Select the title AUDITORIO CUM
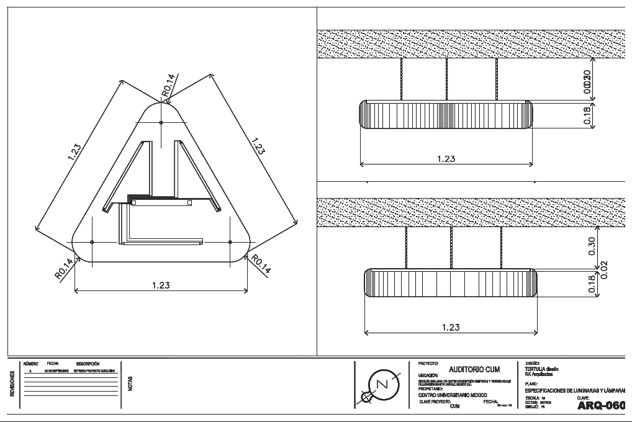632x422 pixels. (x=474, y=369)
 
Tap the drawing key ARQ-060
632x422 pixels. (x=600, y=406)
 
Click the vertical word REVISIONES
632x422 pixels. (x=13, y=384)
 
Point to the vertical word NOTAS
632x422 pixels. (x=130, y=384)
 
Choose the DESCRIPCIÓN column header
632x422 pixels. (x=88, y=363)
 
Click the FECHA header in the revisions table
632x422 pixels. (x=53, y=363)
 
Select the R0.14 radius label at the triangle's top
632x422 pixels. (x=168, y=85)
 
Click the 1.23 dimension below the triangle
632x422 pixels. (x=161, y=285)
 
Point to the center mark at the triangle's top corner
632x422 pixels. (x=161, y=123)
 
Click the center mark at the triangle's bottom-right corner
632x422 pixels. (x=230, y=241)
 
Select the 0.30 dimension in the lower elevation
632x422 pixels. (x=591, y=246)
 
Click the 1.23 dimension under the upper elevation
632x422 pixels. (x=446, y=159)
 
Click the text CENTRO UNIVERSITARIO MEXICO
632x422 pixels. (x=453, y=395)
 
